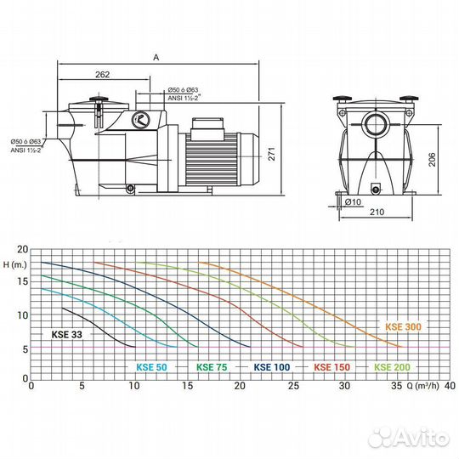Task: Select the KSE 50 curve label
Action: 150,367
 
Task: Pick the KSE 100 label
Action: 270,367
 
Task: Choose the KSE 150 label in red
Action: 331,367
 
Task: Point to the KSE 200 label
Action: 391,367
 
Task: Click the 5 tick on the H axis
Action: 25,348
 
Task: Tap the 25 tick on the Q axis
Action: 292,386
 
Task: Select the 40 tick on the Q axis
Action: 450,386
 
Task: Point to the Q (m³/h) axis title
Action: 422,386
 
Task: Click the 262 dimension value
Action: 103,75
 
